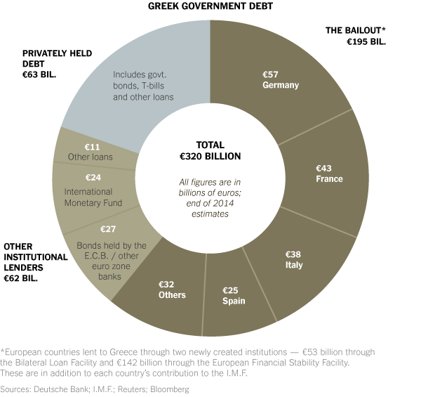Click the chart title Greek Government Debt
(x=210, y=6)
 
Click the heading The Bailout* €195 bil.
(x=355, y=36)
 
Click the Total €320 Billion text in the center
(x=210, y=150)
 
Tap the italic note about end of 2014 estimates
(x=210, y=198)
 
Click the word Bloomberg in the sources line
(x=169, y=388)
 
